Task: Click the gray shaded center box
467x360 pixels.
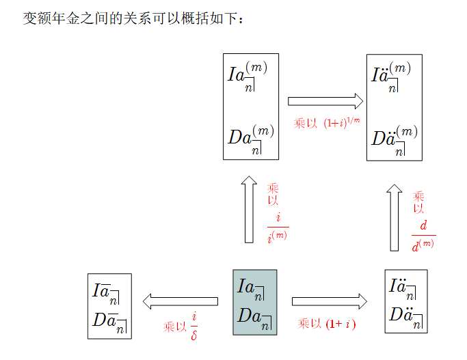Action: (254, 302)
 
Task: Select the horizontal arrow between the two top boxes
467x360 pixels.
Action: (325, 102)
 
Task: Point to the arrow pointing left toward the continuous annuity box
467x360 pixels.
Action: (179, 301)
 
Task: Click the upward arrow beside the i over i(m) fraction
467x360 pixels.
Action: (249, 210)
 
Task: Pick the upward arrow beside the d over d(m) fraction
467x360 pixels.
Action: (395, 217)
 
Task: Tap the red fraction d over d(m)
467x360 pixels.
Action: (423, 236)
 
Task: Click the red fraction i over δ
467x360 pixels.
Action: (194, 326)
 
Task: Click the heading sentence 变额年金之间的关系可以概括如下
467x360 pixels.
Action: (133, 18)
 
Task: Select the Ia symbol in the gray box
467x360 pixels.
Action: (250, 288)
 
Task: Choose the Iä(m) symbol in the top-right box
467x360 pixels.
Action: (390, 75)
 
